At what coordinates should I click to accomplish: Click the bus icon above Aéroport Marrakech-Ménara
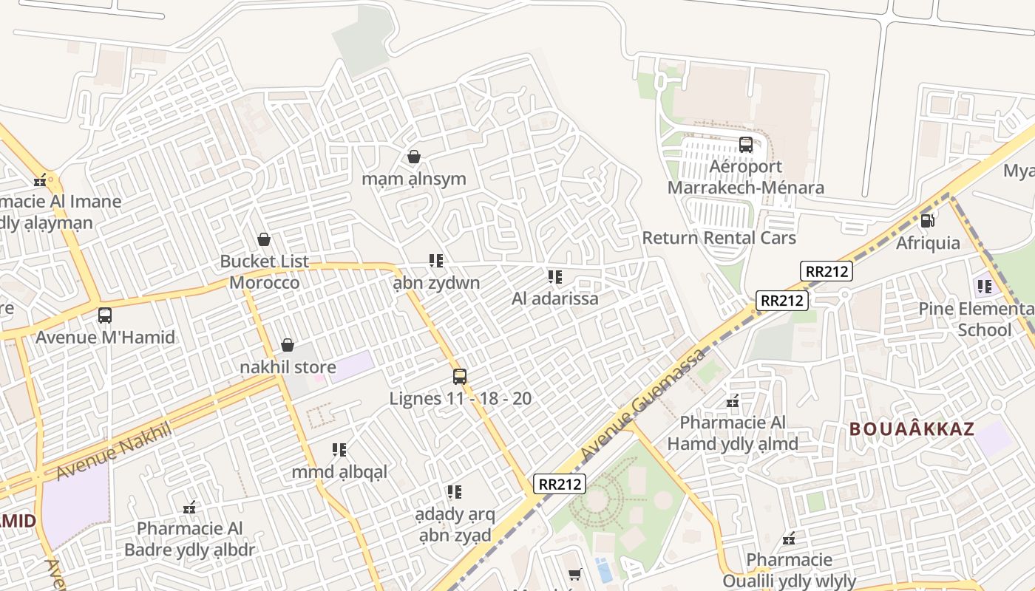click(745, 145)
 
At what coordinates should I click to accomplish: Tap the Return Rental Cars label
click(719, 238)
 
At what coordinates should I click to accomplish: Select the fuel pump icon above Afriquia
click(927, 220)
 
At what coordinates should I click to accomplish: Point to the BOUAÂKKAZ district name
click(912, 429)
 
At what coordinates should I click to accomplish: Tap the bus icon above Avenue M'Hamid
click(105, 315)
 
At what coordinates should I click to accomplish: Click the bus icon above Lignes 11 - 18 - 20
click(460, 377)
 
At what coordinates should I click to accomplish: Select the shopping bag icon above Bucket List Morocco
click(263, 239)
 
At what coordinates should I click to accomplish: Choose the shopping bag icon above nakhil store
click(288, 345)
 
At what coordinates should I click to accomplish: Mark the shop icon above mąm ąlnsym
click(414, 157)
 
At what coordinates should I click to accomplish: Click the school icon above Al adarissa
click(554, 277)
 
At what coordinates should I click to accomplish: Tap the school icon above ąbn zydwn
click(436, 261)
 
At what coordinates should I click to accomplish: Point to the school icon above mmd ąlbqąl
click(339, 450)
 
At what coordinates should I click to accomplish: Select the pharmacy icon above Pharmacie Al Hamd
click(733, 401)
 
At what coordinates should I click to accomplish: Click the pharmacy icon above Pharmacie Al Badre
click(190, 507)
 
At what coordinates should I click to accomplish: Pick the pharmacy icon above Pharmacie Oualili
click(789, 538)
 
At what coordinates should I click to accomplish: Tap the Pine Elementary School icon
click(984, 286)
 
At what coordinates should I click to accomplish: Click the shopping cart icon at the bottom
click(575, 574)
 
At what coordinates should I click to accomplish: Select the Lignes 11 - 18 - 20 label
click(460, 399)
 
